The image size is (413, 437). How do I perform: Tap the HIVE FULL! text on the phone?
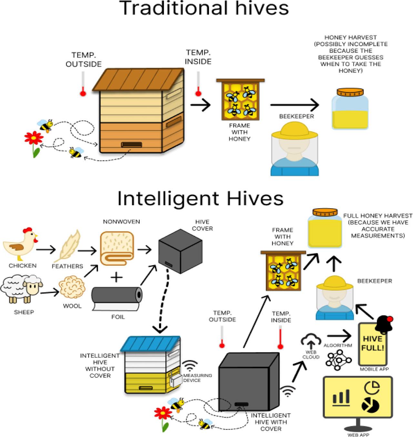tap(372, 344)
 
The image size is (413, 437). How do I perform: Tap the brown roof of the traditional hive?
tap(137, 79)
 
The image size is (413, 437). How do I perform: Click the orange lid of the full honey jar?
tap(325, 213)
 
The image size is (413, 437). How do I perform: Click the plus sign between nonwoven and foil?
tap(117, 277)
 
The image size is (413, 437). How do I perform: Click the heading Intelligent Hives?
tap(200, 199)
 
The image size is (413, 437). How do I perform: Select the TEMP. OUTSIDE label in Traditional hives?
tap(84, 60)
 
